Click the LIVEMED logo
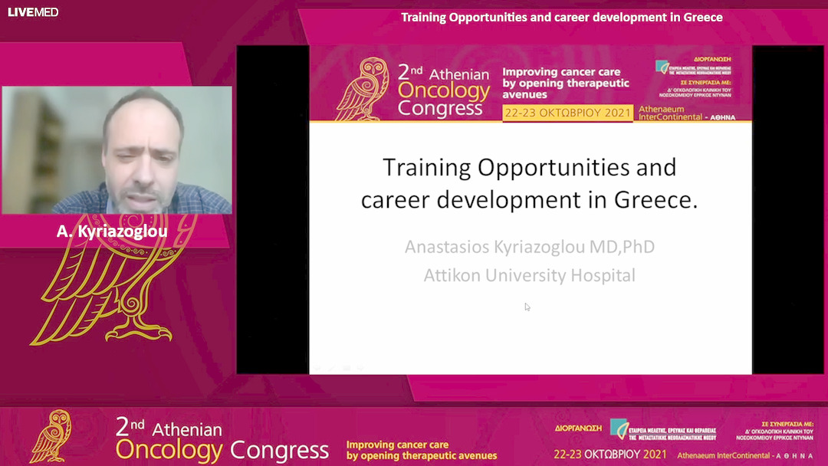[33, 12]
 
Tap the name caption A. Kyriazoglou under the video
[112, 231]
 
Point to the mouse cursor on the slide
[527, 307]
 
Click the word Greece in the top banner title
[699, 17]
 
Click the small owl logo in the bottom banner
[51, 437]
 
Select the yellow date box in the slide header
[567, 113]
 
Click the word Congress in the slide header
[440, 108]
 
